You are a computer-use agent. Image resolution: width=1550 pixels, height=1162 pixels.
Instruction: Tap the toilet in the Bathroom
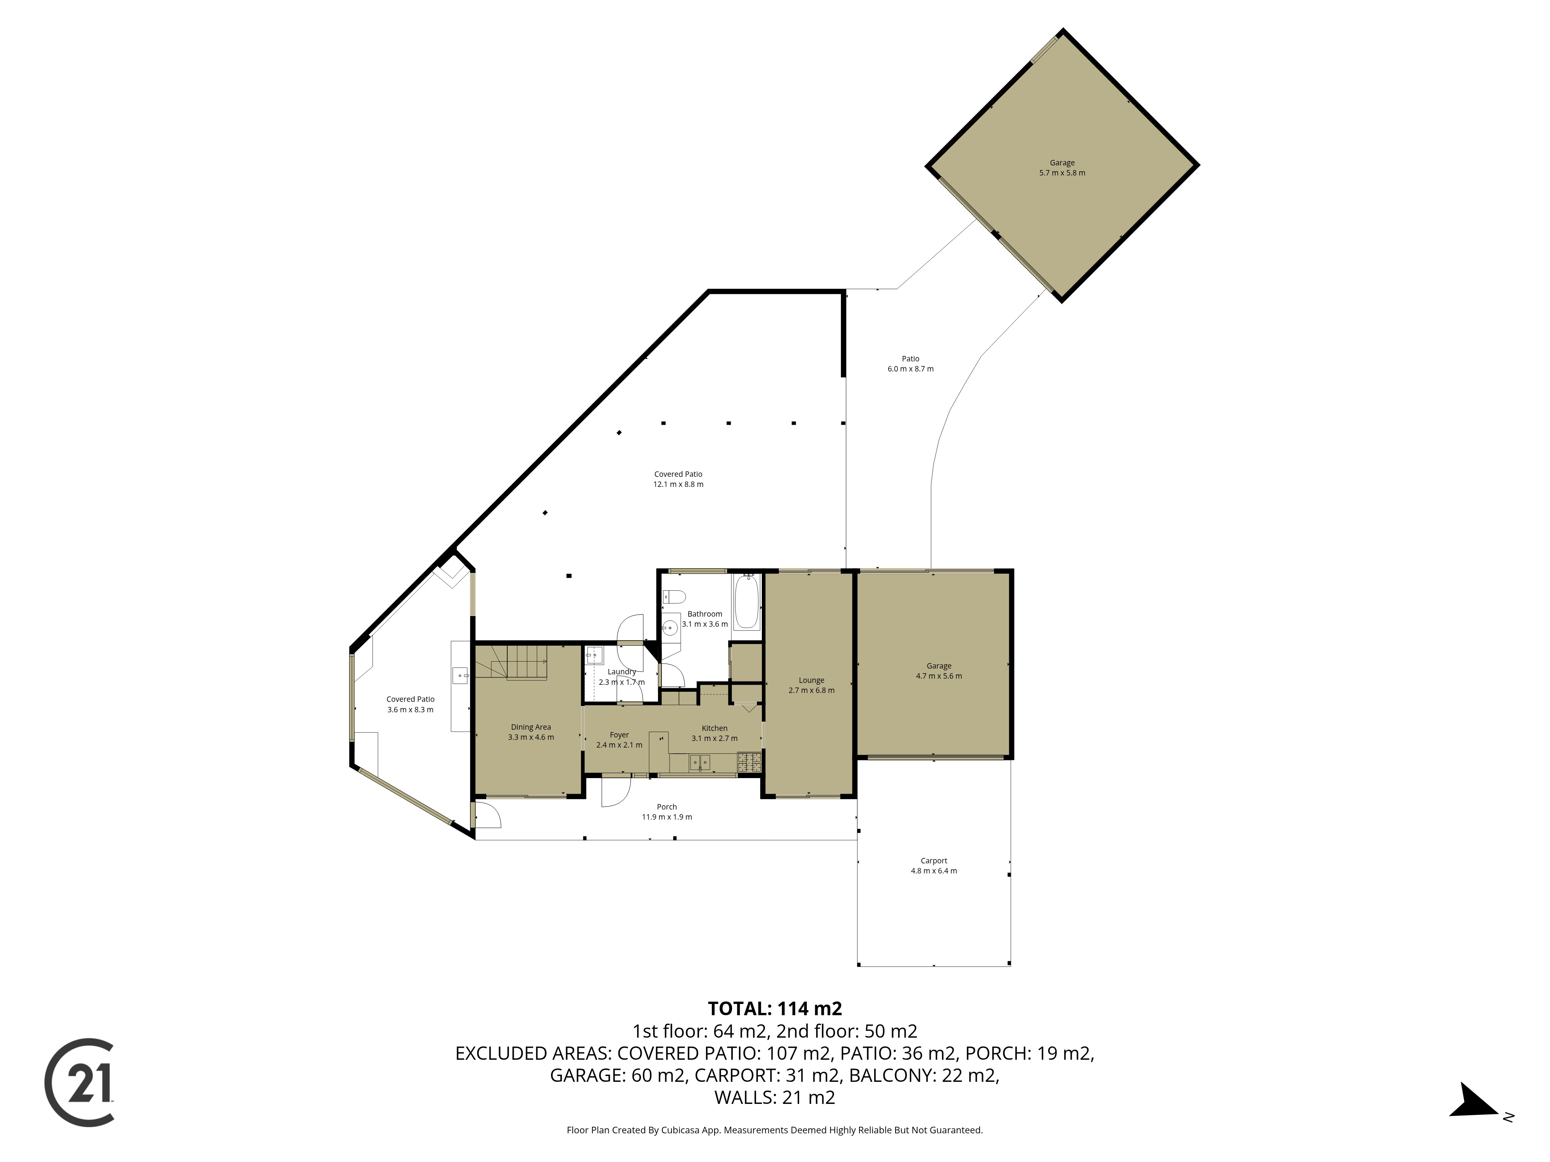click(x=673, y=597)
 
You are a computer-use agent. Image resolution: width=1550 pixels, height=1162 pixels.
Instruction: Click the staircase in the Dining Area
click(x=518, y=662)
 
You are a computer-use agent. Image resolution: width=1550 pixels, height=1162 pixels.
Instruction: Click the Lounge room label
click(x=811, y=680)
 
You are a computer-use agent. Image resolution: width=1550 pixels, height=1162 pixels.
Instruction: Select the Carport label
click(x=934, y=861)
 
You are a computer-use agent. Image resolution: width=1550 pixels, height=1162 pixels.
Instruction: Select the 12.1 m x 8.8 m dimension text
click(x=678, y=485)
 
